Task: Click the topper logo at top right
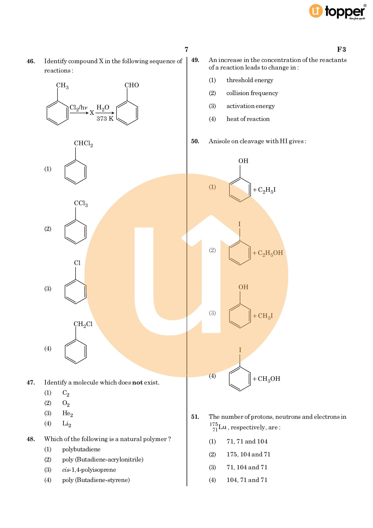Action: coord(338,11)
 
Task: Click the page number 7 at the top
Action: coord(186,49)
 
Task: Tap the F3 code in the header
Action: coord(341,49)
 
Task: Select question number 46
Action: coord(31,61)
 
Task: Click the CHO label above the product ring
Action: coord(132,85)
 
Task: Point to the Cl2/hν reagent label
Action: coord(79,108)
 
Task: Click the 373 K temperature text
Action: coord(105,119)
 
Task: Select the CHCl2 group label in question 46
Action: coord(83,144)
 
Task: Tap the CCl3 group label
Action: coord(81,204)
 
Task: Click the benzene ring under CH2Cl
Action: coord(76,351)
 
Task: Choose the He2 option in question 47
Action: coord(68,414)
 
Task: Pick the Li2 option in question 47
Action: coord(67,424)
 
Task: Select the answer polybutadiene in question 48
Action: coord(81,449)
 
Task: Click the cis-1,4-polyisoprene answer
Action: coord(89,470)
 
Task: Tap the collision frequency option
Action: coord(252,93)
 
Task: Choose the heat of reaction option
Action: coord(248,119)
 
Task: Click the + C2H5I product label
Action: coord(264,190)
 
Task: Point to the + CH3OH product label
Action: coord(267,379)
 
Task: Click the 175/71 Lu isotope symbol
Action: coord(218,427)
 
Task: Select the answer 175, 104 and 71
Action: coord(248,455)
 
